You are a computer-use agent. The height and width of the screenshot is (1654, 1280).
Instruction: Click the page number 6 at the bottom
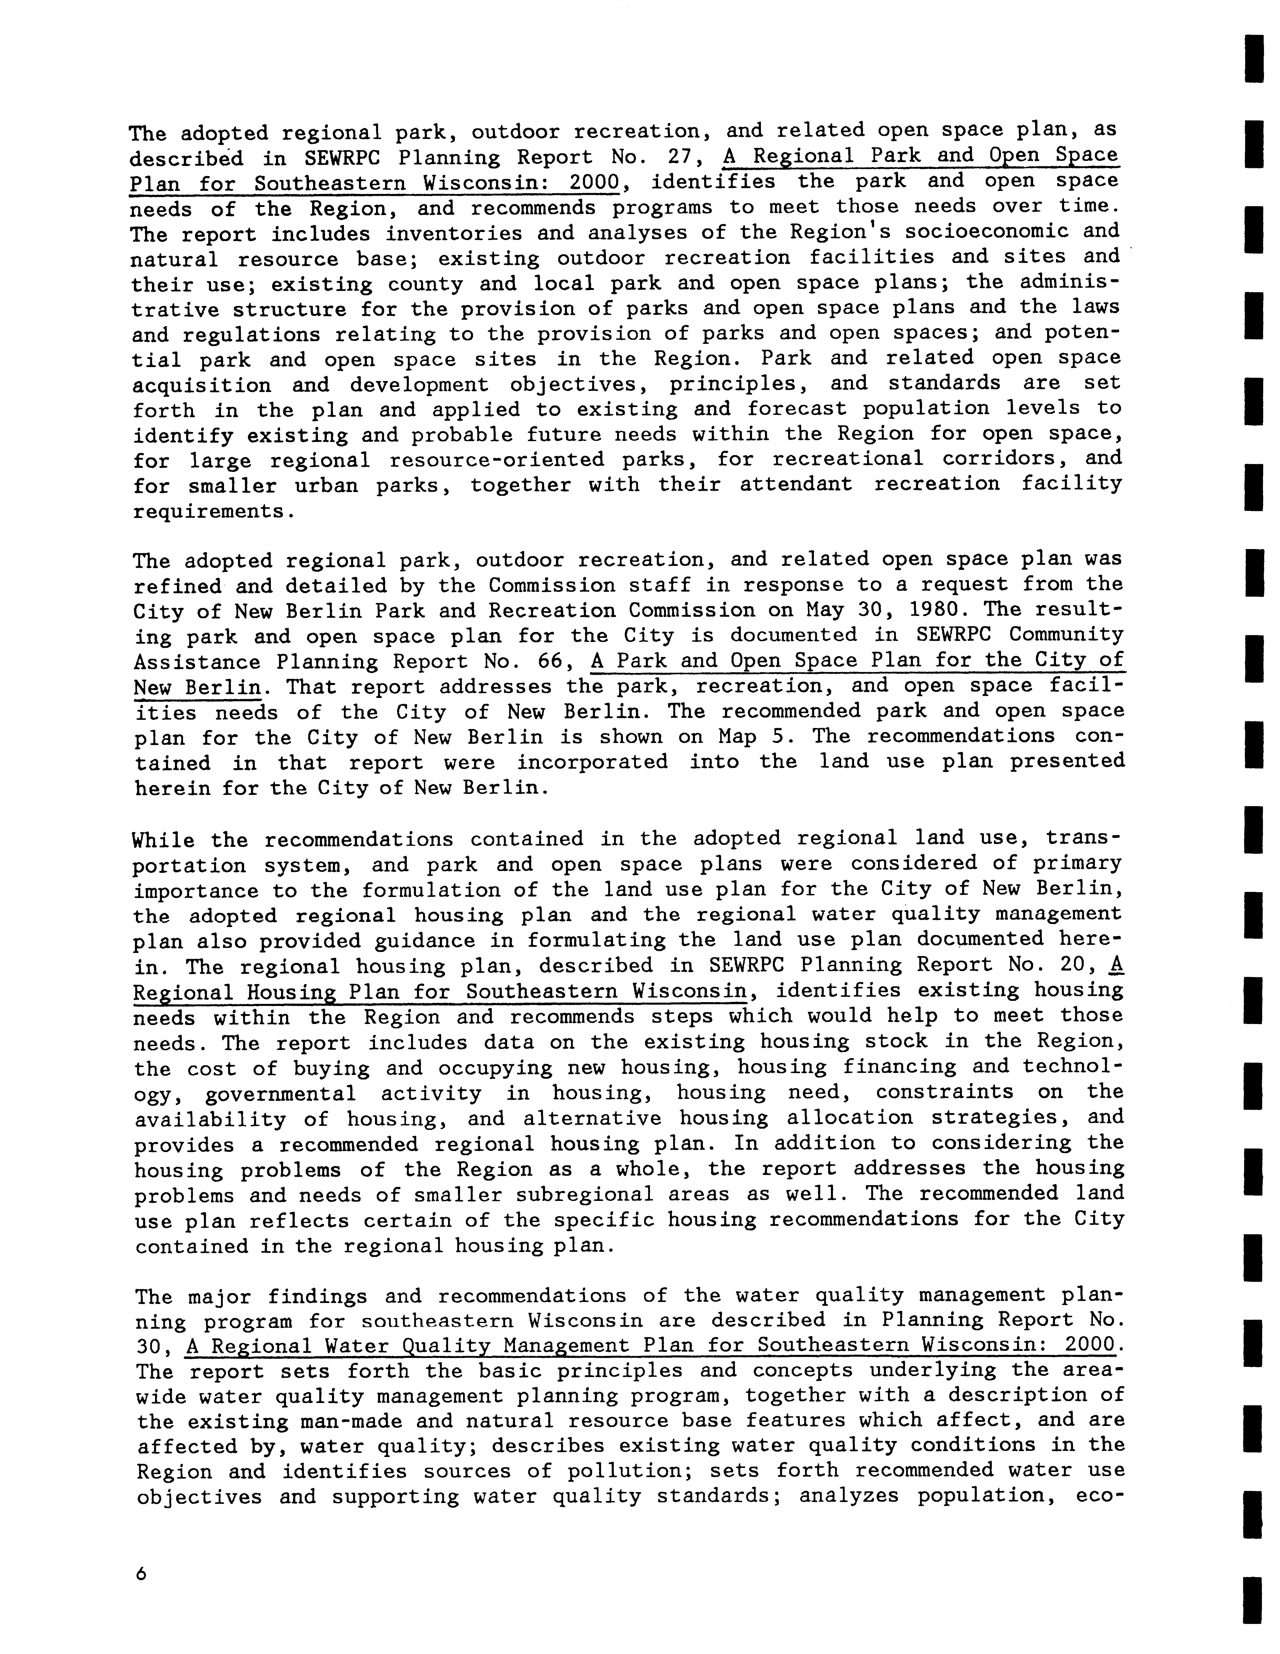coord(140,1573)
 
